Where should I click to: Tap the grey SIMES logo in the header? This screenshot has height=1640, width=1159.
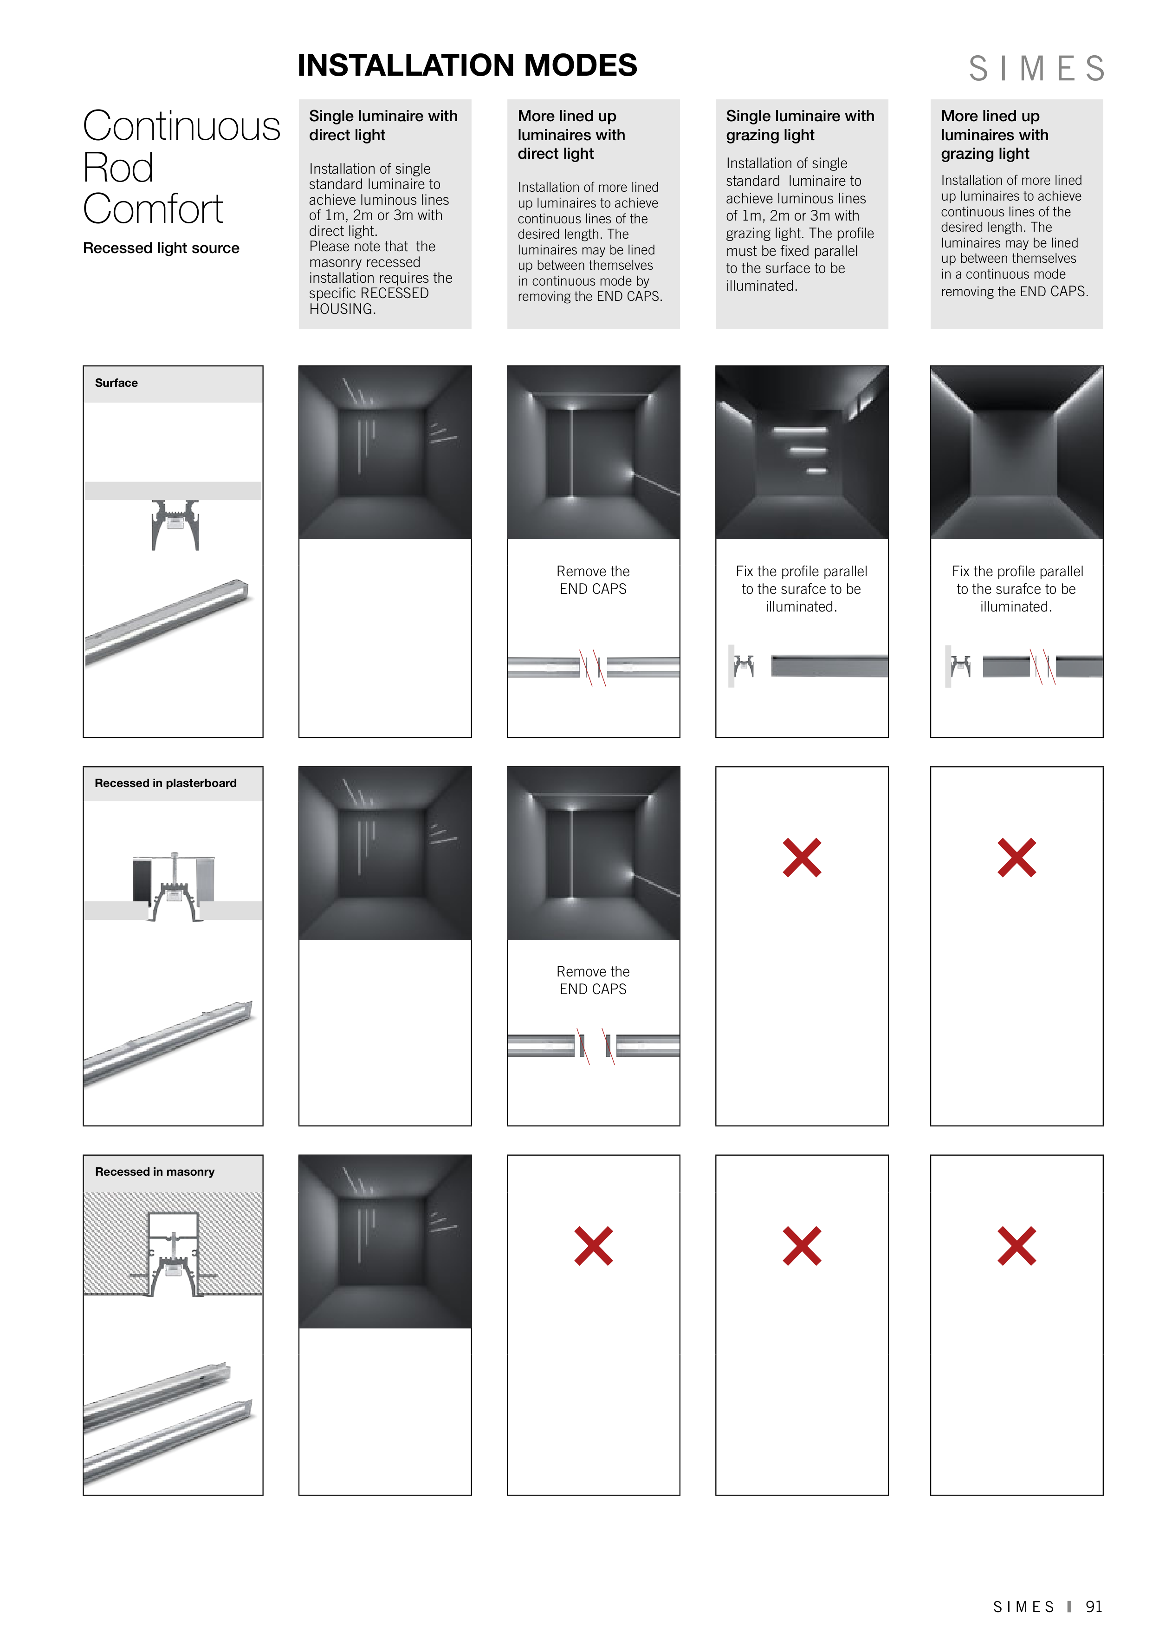pos(1037,69)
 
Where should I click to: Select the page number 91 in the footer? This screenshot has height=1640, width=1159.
pos(1094,1607)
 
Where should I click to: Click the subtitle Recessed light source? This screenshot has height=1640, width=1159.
pos(162,248)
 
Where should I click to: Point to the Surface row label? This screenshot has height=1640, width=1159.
pos(117,383)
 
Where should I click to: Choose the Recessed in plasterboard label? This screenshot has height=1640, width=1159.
pos(166,783)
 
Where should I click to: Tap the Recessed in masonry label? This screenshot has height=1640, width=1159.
pos(155,1171)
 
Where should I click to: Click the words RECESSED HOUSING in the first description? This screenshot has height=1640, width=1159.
pos(369,301)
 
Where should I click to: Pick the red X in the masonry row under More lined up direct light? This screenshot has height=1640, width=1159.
pos(594,1246)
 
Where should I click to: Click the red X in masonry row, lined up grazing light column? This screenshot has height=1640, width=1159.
pos(1017,1246)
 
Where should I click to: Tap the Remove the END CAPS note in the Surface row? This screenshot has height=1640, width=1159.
pos(594,580)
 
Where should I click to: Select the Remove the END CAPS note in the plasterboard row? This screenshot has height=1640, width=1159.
pos(594,980)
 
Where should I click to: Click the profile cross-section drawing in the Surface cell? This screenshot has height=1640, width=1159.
pos(175,525)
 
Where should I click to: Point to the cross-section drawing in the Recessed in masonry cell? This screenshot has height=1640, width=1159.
pos(174,1254)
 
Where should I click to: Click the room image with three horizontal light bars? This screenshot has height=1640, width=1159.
pos(802,452)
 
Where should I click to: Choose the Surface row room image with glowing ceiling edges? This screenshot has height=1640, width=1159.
pos(1017,452)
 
